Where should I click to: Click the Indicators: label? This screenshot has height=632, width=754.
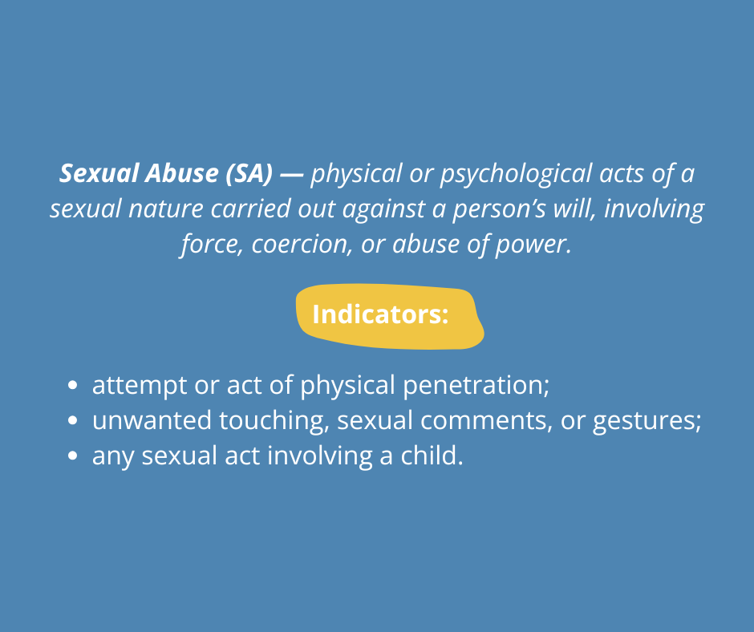click(380, 314)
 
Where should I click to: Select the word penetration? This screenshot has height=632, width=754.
click(476, 386)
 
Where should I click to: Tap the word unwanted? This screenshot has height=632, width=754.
click(152, 421)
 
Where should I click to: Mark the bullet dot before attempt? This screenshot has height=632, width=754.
click(73, 385)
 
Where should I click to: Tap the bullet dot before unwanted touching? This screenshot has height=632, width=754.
click(73, 420)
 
